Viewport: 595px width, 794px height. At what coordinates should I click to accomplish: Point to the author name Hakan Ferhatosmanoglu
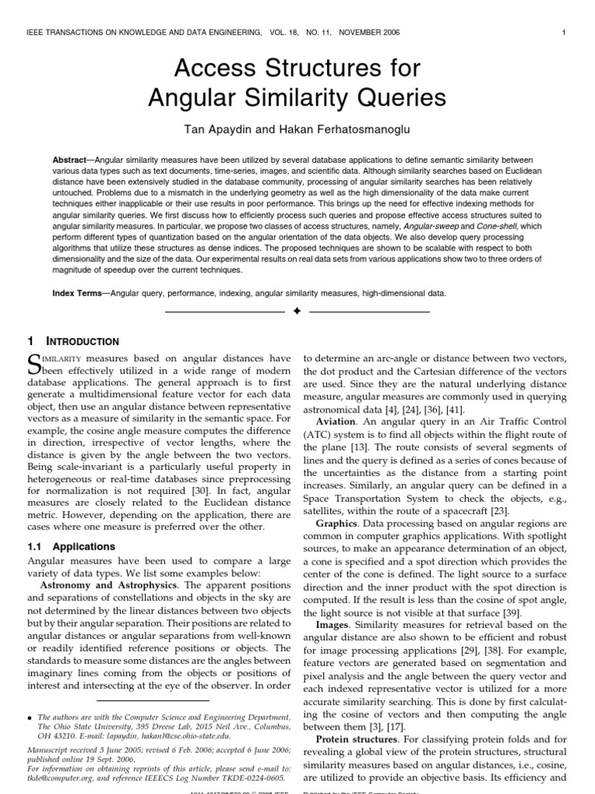pyautogui.click(x=356, y=127)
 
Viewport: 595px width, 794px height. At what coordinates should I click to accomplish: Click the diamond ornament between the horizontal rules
pyautogui.click(x=297, y=312)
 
